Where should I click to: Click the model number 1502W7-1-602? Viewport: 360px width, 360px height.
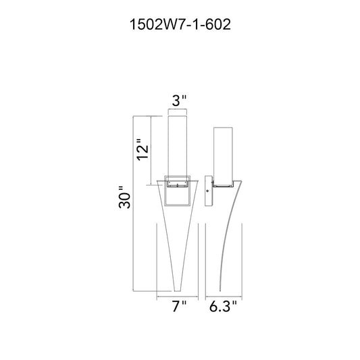(x=180, y=24)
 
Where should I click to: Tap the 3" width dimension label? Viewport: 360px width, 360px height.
(x=179, y=101)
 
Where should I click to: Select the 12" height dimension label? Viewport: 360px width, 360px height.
(x=143, y=150)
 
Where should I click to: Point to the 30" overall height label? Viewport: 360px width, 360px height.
(x=124, y=197)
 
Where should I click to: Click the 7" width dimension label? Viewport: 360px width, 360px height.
(x=179, y=306)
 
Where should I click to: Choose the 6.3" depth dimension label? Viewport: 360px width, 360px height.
(x=223, y=306)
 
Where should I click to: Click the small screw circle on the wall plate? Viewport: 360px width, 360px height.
(x=207, y=190)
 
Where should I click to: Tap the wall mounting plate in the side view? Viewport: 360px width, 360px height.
(x=208, y=190)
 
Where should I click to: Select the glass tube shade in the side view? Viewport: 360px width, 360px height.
(x=223, y=156)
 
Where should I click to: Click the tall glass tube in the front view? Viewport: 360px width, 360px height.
(x=178, y=149)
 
